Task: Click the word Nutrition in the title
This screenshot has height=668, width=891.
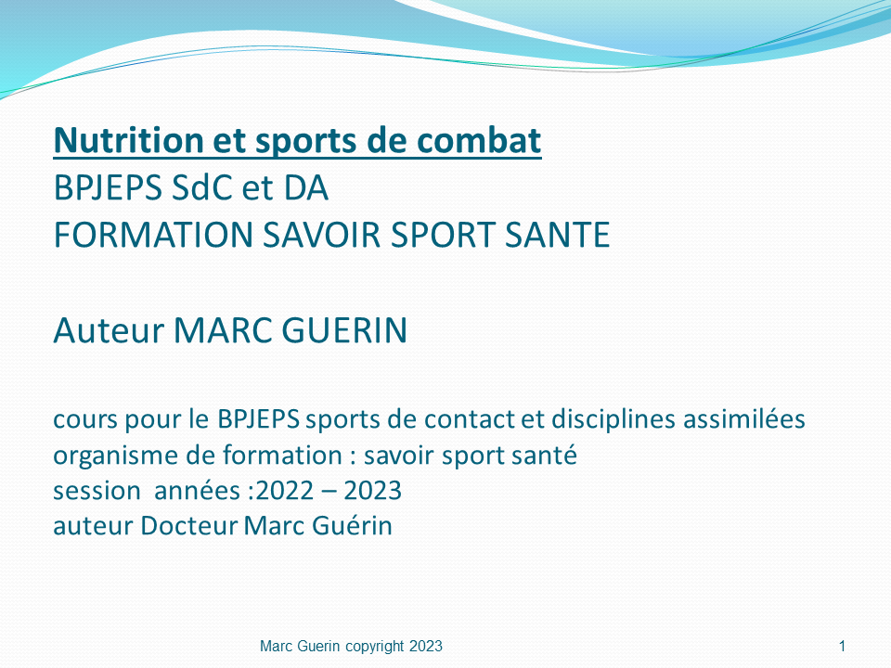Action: click(x=128, y=140)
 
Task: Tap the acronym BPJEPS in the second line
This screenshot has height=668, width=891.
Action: click(x=108, y=188)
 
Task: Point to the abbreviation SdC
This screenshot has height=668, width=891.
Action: click(x=203, y=188)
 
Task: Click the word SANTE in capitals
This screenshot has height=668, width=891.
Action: click(x=558, y=235)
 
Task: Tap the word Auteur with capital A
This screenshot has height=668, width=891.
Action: click(x=109, y=330)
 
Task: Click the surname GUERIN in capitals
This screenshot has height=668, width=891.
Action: click(x=344, y=330)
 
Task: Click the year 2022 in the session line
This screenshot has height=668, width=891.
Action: click(x=285, y=491)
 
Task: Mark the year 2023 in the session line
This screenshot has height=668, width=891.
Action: click(x=373, y=491)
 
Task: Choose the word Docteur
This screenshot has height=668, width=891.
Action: click(x=189, y=526)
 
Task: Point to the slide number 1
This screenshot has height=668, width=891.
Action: click(x=842, y=647)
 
